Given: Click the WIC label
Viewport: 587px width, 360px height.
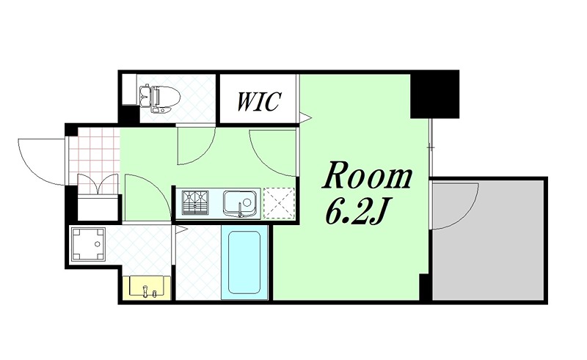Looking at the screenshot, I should (x=258, y=101).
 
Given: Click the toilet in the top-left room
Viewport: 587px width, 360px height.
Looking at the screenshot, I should (x=156, y=98).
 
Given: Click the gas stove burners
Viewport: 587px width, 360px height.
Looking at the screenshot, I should (x=195, y=202).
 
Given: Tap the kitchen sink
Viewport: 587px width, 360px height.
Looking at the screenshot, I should (x=240, y=202).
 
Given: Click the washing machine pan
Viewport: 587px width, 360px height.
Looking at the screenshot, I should (x=89, y=245).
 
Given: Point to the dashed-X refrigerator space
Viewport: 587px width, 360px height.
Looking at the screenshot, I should (x=278, y=203).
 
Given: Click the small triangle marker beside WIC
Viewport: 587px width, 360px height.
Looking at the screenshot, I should (x=304, y=116).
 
